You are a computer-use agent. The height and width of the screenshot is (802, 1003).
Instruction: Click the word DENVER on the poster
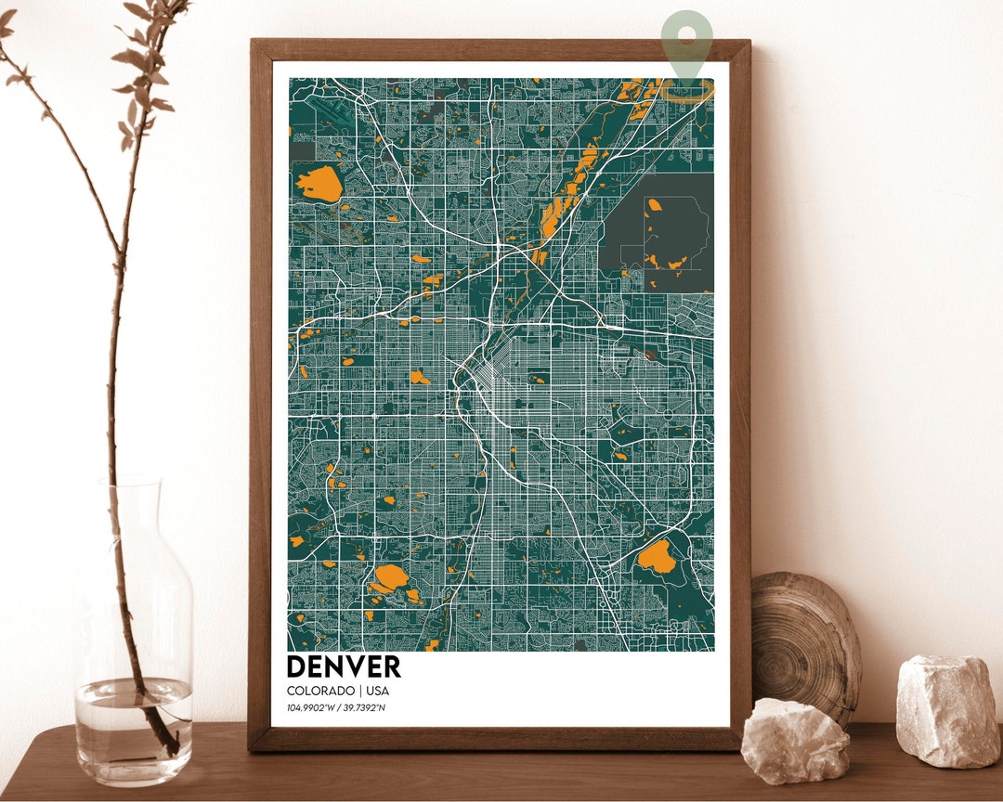(344, 666)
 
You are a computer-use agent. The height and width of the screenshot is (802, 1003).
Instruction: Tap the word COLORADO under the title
(320, 692)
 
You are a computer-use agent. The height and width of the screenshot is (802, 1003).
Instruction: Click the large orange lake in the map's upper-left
(319, 183)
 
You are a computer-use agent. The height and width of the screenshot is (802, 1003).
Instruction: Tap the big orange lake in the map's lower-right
(656, 556)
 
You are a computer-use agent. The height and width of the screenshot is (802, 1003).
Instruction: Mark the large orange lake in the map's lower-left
(389, 577)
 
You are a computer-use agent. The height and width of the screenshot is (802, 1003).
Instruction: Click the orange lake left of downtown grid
(420, 377)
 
